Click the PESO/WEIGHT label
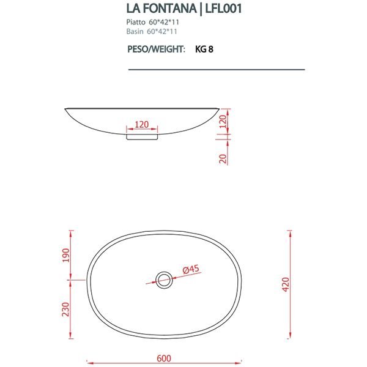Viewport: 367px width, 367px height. pos(156,50)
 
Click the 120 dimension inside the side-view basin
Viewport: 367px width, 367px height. pos(141,124)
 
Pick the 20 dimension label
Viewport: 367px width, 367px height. pos(223,158)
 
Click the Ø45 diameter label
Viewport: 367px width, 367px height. pos(191,268)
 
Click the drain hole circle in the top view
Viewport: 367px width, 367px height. pos(163,280)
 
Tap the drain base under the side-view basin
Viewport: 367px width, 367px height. pos(141,138)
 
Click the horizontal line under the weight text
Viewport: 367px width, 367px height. pos(216,70)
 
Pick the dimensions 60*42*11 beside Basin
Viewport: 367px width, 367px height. pos(163,30)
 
